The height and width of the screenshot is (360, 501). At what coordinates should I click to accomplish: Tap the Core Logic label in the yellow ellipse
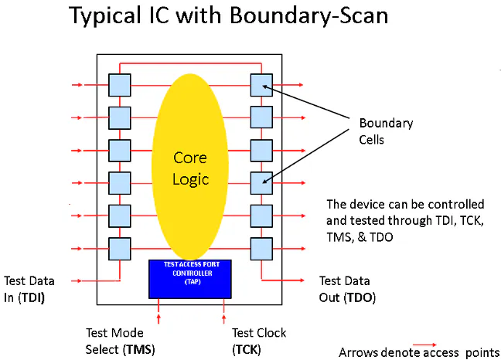190,168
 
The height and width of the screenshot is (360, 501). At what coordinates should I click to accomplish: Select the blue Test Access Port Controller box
191,278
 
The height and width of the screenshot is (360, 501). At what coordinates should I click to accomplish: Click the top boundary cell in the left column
120,85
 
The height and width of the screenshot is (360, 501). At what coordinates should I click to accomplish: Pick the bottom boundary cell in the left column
120,248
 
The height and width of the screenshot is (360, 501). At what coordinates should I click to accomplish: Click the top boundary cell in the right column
262,85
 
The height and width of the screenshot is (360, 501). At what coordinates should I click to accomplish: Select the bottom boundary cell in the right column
262,248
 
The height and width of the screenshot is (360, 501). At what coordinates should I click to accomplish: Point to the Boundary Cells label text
386,131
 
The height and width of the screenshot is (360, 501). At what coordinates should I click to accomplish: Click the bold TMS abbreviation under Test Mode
138,349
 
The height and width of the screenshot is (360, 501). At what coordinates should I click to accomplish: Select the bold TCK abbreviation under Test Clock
246,349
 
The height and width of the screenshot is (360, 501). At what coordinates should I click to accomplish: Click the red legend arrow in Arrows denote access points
424,345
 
